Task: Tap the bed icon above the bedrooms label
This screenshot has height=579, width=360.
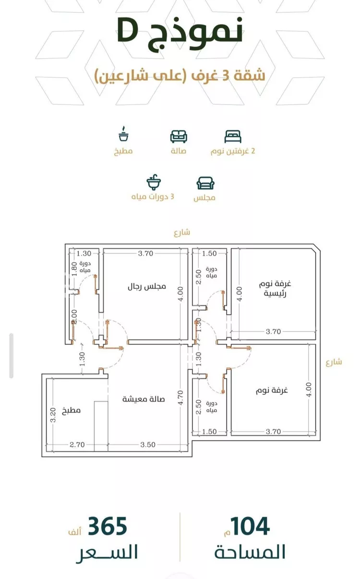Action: pos(233,137)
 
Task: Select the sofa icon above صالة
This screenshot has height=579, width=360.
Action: pos(179,137)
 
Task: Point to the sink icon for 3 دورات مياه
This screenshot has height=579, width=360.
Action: pos(154,182)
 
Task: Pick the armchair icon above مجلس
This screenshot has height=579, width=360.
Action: pos(205,183)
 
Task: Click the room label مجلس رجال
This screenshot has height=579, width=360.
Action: pos(146,286)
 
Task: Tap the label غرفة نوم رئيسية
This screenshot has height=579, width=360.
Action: pos(275,289)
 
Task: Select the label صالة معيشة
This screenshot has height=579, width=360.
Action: pos(144,399)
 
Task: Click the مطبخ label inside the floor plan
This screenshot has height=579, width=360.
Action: pos(71,411)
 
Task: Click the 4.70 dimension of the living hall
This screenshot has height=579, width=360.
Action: pos(180,398)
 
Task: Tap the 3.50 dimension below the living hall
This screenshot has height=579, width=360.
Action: pos(148,445)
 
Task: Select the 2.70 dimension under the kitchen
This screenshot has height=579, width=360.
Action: pos(76,445)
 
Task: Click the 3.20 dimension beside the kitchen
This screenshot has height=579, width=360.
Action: pos(53,414)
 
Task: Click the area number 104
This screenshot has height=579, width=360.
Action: pos(250,527)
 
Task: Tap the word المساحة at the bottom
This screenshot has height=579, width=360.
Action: pos(250,552)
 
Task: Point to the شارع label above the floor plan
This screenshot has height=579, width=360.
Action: pos(182,233)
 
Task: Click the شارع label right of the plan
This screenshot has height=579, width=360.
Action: pos(334,362)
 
